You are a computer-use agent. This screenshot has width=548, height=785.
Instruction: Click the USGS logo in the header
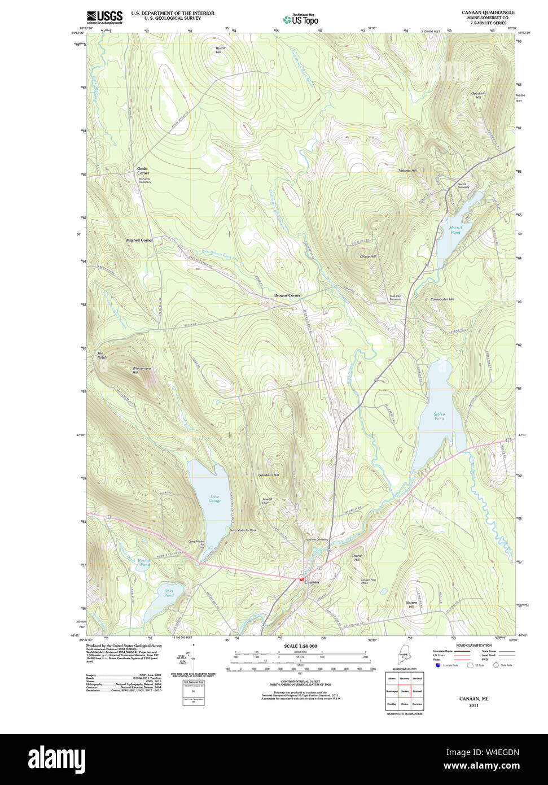click(x=104, y=17)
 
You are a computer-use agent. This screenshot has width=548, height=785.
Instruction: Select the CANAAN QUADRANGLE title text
click(x=488, y=12)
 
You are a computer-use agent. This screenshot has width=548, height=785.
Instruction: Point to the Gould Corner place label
click(x=142, y=171)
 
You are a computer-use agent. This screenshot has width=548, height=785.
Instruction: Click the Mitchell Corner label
click(x=139, y=240)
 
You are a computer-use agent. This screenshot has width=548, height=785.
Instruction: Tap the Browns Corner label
click(x=287, y=295)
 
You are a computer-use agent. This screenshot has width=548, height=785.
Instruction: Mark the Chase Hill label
click(x=367, y=256)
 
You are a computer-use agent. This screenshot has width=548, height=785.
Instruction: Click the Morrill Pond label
click(x=455, y=230)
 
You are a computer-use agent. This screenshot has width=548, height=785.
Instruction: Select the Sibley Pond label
click(x=439, y=416)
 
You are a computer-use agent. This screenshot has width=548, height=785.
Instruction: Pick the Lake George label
click(x=214, y=499)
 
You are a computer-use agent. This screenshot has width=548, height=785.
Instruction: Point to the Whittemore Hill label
click(x=142, y=370)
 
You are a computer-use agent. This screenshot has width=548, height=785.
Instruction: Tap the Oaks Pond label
click(x=169, y=593)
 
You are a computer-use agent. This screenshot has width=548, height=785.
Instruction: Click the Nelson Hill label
click(x=411, y=604)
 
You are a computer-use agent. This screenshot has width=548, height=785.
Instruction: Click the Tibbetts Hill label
click(x=407, y=170)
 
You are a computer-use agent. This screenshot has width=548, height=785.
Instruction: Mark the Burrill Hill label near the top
click(x=220, y=50)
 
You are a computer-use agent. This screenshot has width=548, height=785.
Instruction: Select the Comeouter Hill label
click(x=442, y=299)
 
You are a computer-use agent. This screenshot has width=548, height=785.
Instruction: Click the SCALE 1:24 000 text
click(x=300, y=646)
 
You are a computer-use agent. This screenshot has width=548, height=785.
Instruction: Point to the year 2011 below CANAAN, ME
click(x=474, y=705)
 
